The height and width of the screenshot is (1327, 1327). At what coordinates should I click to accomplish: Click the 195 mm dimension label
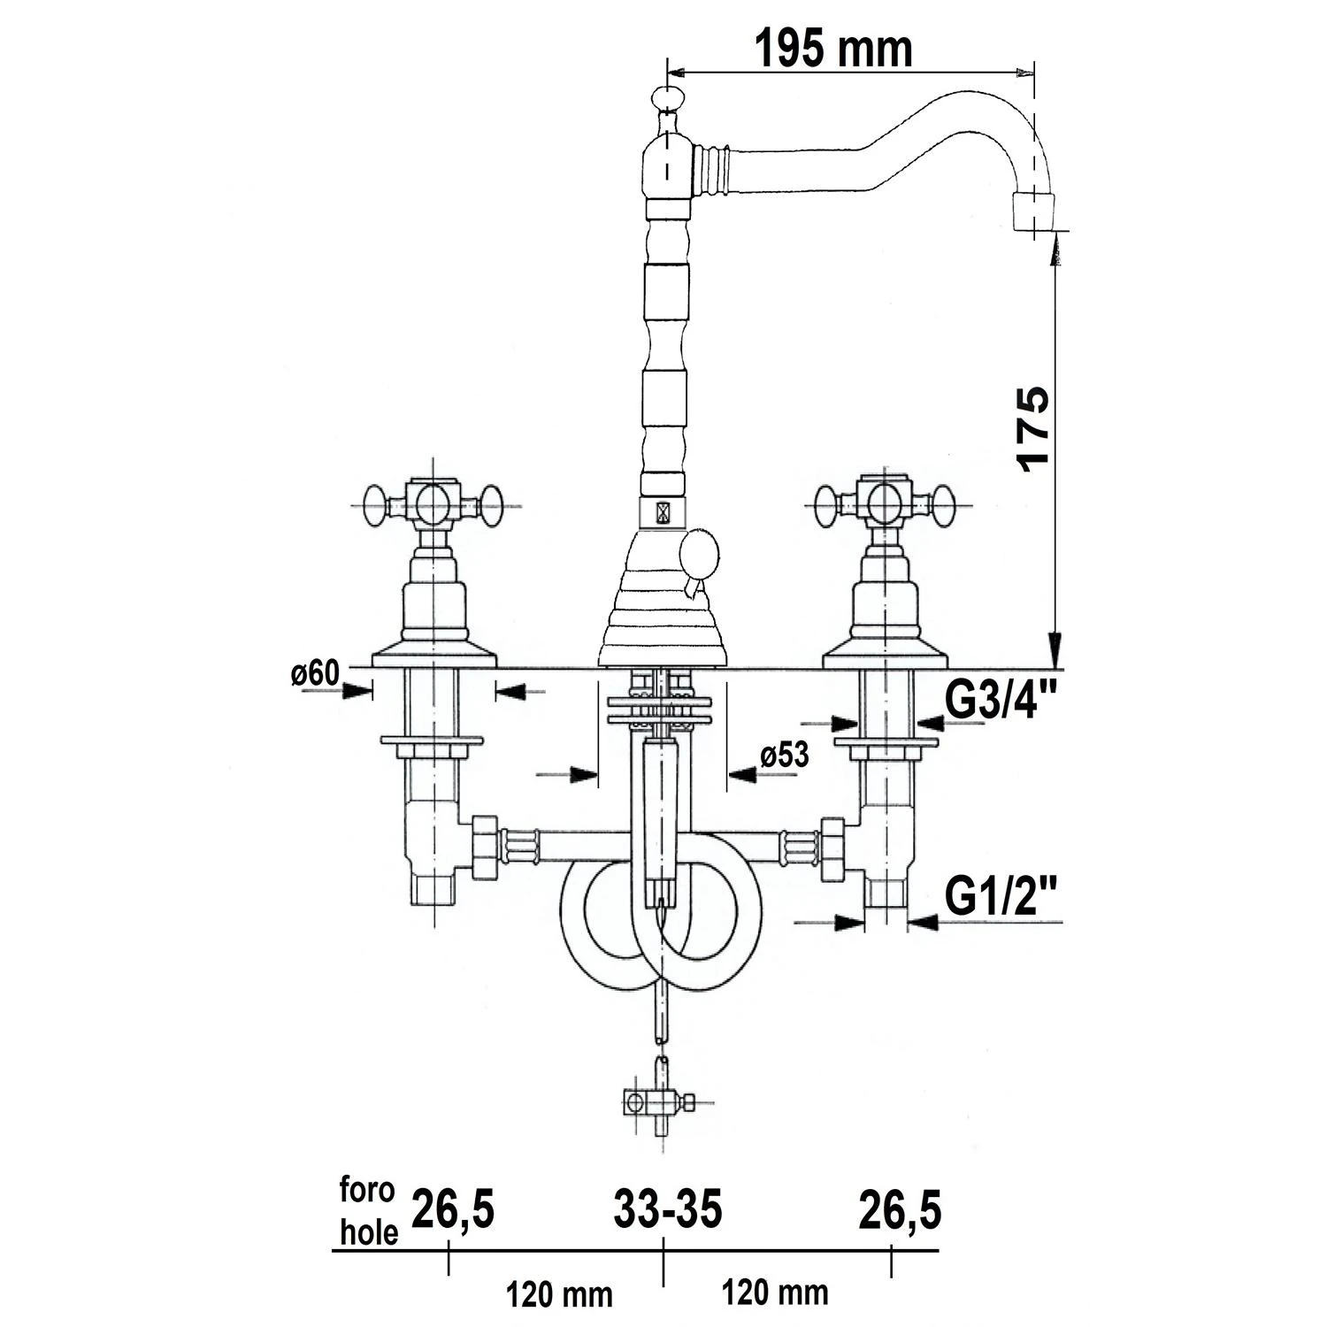[832, 49]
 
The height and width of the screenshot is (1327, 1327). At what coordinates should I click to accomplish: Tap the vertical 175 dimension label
[1033, 428]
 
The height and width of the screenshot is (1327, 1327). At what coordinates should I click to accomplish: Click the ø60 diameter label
[315, 674]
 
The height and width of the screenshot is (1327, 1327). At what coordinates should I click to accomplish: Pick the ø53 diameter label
[784, 756]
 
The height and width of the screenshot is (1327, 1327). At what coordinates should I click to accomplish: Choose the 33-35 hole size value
[668, 1209]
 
